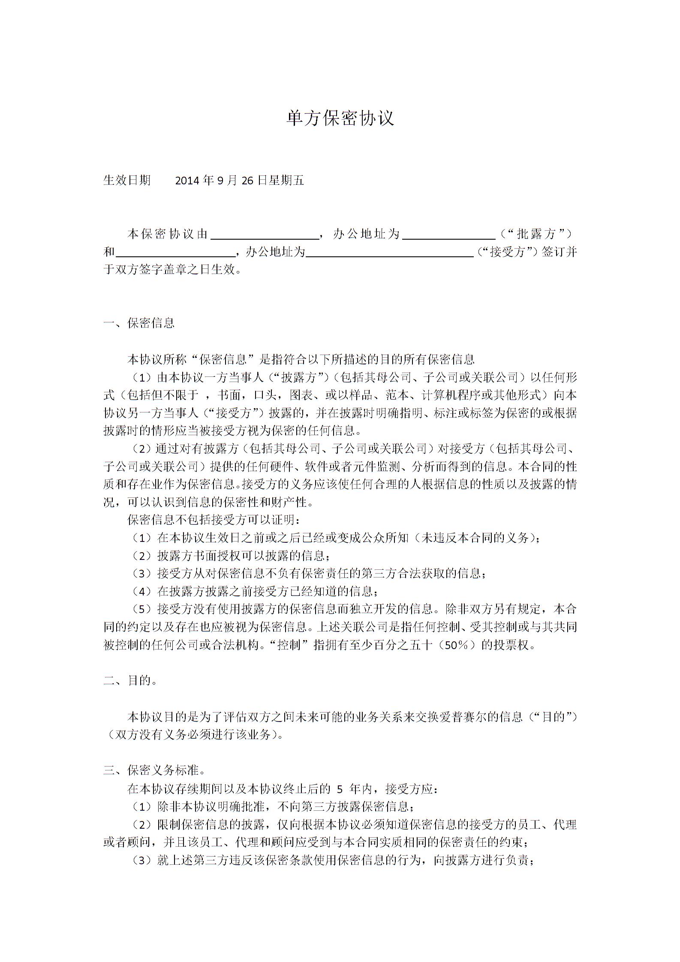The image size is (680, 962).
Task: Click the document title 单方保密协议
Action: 340,118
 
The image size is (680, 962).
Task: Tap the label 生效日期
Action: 127,180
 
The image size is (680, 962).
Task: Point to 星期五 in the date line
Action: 286,180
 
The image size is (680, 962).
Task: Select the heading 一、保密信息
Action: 139,323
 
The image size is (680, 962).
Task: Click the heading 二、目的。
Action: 130,680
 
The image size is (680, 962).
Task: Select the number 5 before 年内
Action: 340,789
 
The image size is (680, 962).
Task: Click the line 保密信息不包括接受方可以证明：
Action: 214,520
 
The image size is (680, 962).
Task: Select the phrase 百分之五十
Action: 401,645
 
